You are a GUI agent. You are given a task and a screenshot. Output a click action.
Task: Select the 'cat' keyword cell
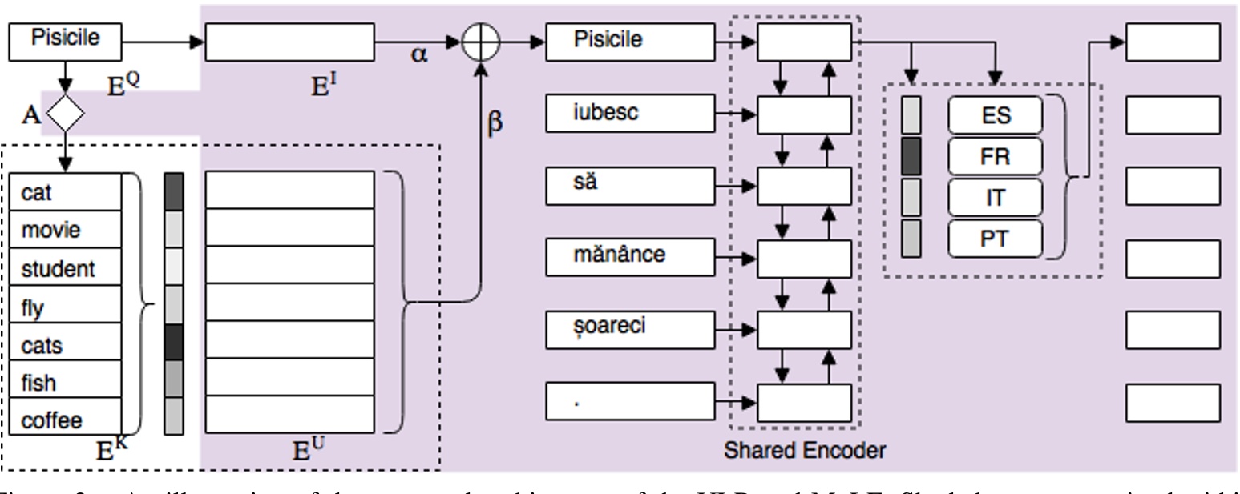[x=67, y=192]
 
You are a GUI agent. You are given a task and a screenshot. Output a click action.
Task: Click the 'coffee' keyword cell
[x=67, y=420]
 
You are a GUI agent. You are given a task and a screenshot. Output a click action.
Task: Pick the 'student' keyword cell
[x=67, y=268]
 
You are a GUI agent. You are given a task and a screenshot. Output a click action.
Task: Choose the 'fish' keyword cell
[x=67, y=382]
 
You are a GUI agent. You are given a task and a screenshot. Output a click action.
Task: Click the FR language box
[x=995, y=156]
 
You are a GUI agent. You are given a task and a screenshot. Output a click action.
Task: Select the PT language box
[x=995, y=239]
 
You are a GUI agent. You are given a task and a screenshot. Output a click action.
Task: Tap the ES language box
[x=995, y=115]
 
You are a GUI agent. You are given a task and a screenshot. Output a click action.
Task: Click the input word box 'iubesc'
[x=630, y=113]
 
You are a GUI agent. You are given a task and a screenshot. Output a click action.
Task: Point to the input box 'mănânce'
[x=630, y=255]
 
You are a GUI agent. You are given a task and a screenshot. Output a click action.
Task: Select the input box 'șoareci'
[x=630, y=329]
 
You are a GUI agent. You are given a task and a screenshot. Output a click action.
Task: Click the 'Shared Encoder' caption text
[x=804, y=450]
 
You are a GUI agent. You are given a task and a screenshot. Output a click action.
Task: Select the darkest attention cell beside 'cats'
[x=173, y=342]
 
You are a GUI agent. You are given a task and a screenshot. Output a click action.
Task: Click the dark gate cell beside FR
[x=911, y=156]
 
